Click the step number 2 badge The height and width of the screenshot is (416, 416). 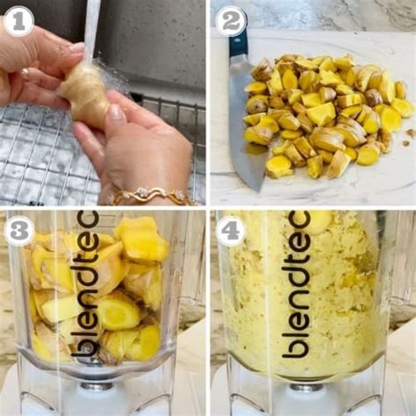point(230,21)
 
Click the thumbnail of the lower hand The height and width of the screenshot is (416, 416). point(117,112)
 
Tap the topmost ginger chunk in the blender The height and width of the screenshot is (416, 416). point(140,239)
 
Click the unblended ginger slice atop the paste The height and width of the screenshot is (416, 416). point(319,222)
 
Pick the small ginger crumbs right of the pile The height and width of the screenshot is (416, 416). point(409,137)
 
